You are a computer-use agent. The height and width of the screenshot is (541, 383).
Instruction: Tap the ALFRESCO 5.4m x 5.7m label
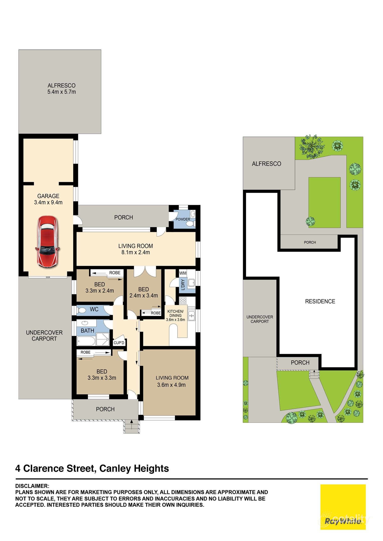click(x=61, y=89)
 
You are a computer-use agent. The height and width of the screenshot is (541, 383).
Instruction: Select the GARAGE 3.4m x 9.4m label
click(x=48, y=199)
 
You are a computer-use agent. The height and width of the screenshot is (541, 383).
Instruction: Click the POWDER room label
click(x=183, y=219)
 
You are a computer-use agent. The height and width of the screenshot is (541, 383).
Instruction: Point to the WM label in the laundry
click(x=183, y=273)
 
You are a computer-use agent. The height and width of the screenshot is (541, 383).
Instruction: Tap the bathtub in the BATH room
click(x=86, y=341)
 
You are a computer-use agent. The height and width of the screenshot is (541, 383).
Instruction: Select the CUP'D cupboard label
click(x=119, y=343)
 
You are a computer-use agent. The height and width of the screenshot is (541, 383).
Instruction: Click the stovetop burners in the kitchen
click(x=183, y=300)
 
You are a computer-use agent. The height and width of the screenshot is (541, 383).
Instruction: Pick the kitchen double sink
click(x=191, y=314)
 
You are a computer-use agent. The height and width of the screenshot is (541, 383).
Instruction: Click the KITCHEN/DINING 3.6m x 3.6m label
click(x=175, y=315)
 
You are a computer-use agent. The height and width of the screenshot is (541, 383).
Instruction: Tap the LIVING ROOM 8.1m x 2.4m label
click(x=135, y=249)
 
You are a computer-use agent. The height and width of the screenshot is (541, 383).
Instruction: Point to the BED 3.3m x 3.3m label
click(x=102, y=375)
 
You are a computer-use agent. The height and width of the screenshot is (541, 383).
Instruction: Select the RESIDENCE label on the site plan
click(x=320, y=301)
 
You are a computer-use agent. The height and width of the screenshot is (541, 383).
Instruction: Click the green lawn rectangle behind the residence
click(x=324, y=202)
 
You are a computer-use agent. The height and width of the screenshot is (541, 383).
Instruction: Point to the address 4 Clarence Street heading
click(x=92, y=468)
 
